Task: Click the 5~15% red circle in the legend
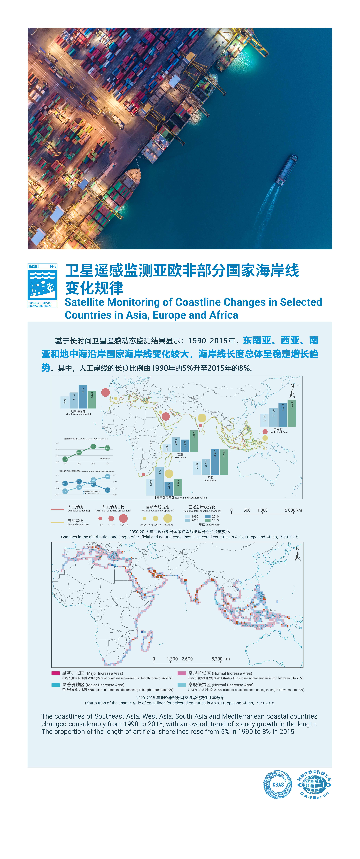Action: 123,518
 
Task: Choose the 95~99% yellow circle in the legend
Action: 168,518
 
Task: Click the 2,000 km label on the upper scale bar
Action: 293,510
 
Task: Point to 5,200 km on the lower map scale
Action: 221,659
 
